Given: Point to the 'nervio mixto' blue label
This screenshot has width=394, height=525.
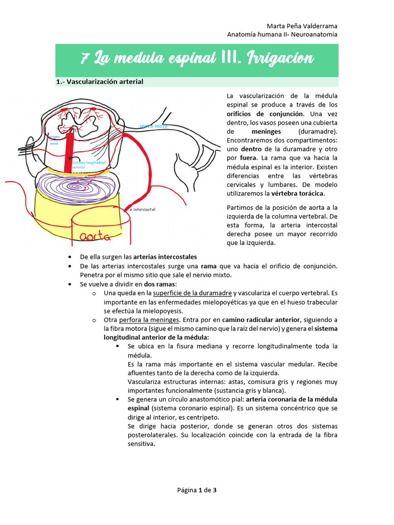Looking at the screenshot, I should (x=153, y=126).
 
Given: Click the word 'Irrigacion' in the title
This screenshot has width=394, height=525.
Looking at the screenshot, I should (x=282, y=59).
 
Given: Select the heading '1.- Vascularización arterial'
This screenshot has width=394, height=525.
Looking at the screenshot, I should (x=100, y=82).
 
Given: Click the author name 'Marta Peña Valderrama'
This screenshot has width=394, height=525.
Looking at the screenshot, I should (x=303, y=26).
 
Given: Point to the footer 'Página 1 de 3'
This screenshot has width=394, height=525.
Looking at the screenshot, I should (x=197, y=490).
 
